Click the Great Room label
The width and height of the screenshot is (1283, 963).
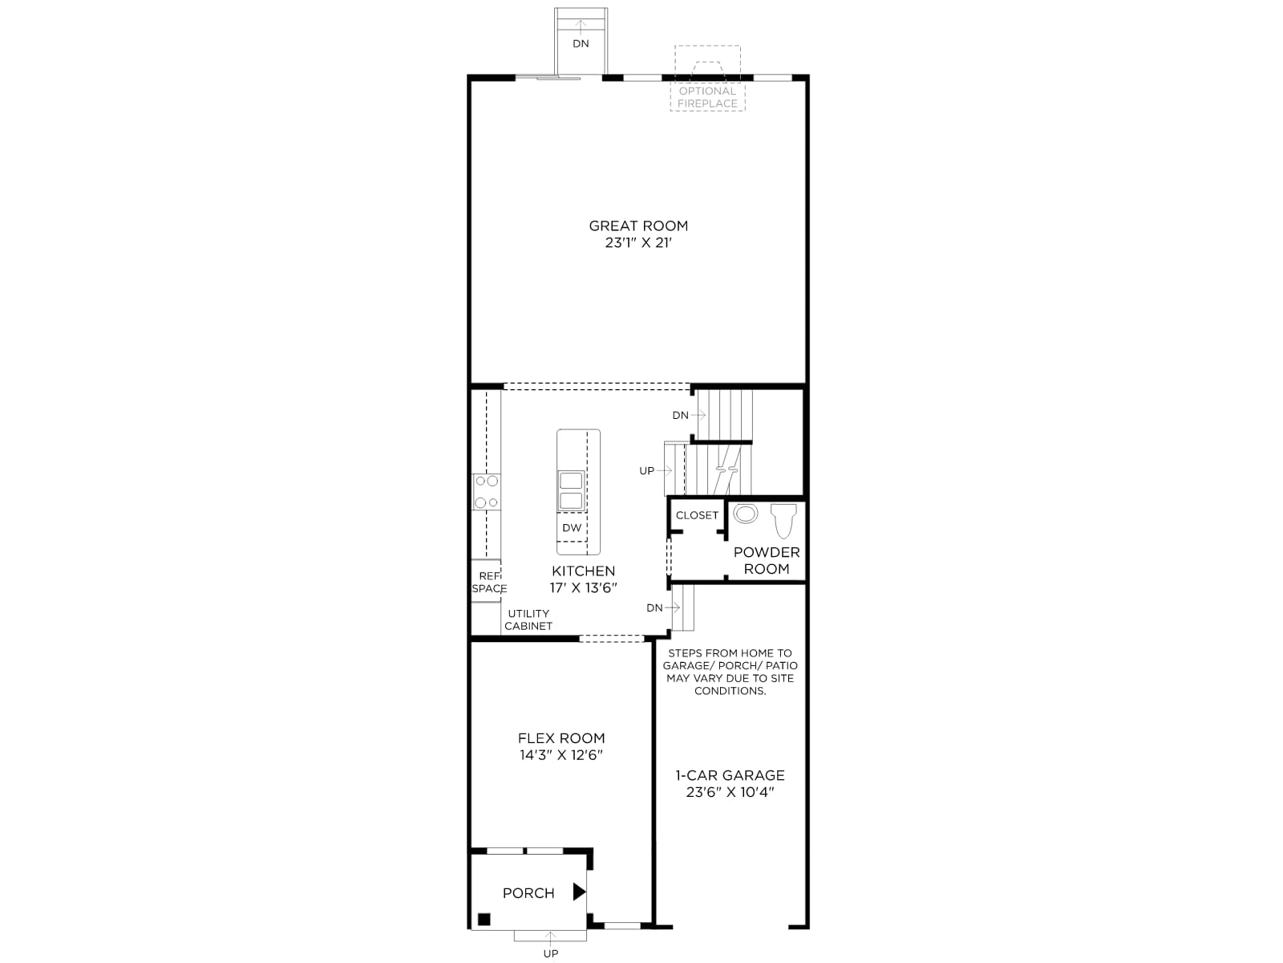[x=638, y=226]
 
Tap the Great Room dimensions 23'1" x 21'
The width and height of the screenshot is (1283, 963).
[x=638, y=242]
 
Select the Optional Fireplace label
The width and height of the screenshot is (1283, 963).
[x=708, y=97]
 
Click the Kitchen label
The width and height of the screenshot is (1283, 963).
[x=583, y=571]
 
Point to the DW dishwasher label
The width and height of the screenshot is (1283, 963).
[x=572, y=527]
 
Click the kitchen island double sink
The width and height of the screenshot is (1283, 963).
[x=571, y=490]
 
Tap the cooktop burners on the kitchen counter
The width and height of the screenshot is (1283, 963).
[x=486, y=492]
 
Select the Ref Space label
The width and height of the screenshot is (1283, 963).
[x=489, y=583]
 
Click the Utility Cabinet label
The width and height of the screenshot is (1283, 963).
[x=528, y=620]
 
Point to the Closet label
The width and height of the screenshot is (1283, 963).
[x=697, y=515]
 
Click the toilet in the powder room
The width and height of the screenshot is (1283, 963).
[x=783, y=520]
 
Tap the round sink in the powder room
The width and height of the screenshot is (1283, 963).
[x=745, y=514]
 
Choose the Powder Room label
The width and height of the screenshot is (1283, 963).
[x=767, y=560]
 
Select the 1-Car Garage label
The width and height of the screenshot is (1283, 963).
[x=730, y=775]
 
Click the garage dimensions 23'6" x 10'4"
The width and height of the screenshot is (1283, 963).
[x=730, y=792]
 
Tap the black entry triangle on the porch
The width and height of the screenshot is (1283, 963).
[x=579, y=892]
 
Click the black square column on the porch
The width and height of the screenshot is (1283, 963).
[x=484, y=920]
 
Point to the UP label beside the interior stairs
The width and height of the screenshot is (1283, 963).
[x=646, y=471]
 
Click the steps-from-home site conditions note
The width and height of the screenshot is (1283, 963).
[x=730, y=672]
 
